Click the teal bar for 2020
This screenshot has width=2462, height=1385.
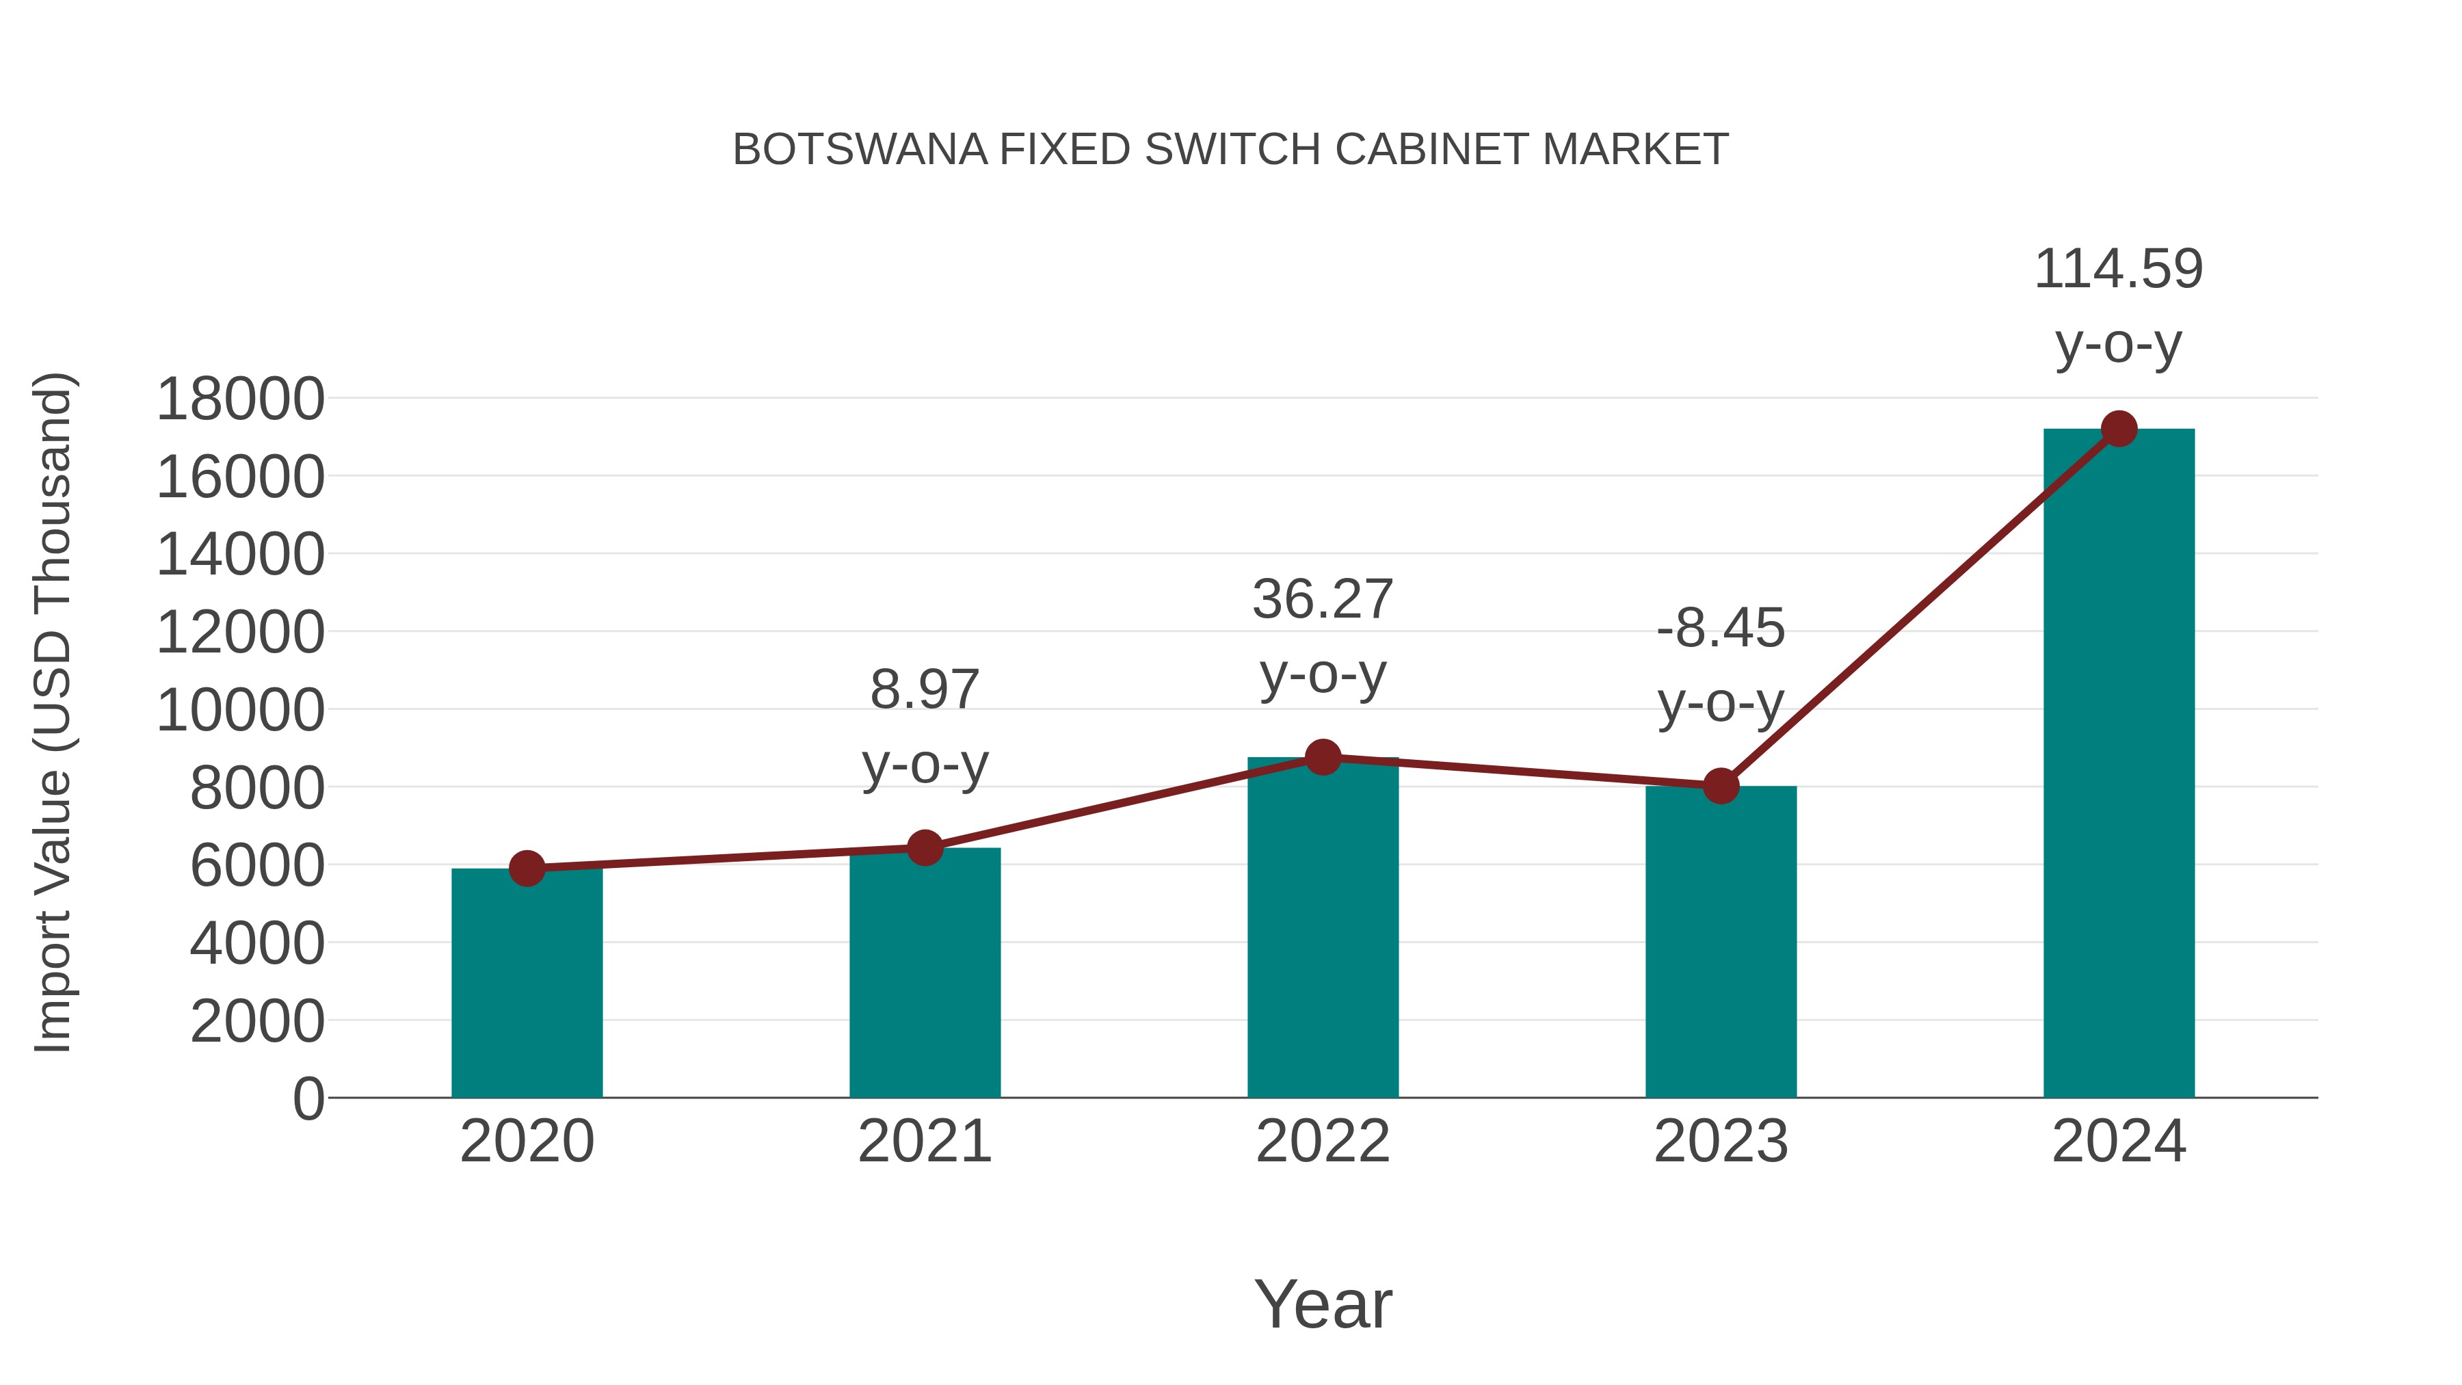pos(527,984)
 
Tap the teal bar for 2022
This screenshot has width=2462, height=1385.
pos(1323,928)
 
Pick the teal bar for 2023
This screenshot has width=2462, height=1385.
pos(1721,942)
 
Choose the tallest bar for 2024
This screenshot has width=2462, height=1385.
pos(2119,765)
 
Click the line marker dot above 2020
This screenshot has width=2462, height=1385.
pos(527,869)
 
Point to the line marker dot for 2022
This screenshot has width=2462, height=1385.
pos(1323,757)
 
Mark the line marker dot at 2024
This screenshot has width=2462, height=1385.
pos(2119,429)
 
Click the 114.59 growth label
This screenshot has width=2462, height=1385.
pos(2118,269)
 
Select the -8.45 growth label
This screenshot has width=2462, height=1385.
pos(1721,629)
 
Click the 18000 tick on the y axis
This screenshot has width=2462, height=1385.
pos(240,399)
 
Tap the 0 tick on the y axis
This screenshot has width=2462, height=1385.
pos(308,1098)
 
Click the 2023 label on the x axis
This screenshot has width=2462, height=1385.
pos(1721,1142)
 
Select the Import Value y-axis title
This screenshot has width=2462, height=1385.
pos(53,712)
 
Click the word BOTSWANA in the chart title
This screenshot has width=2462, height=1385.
pos(859,150)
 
